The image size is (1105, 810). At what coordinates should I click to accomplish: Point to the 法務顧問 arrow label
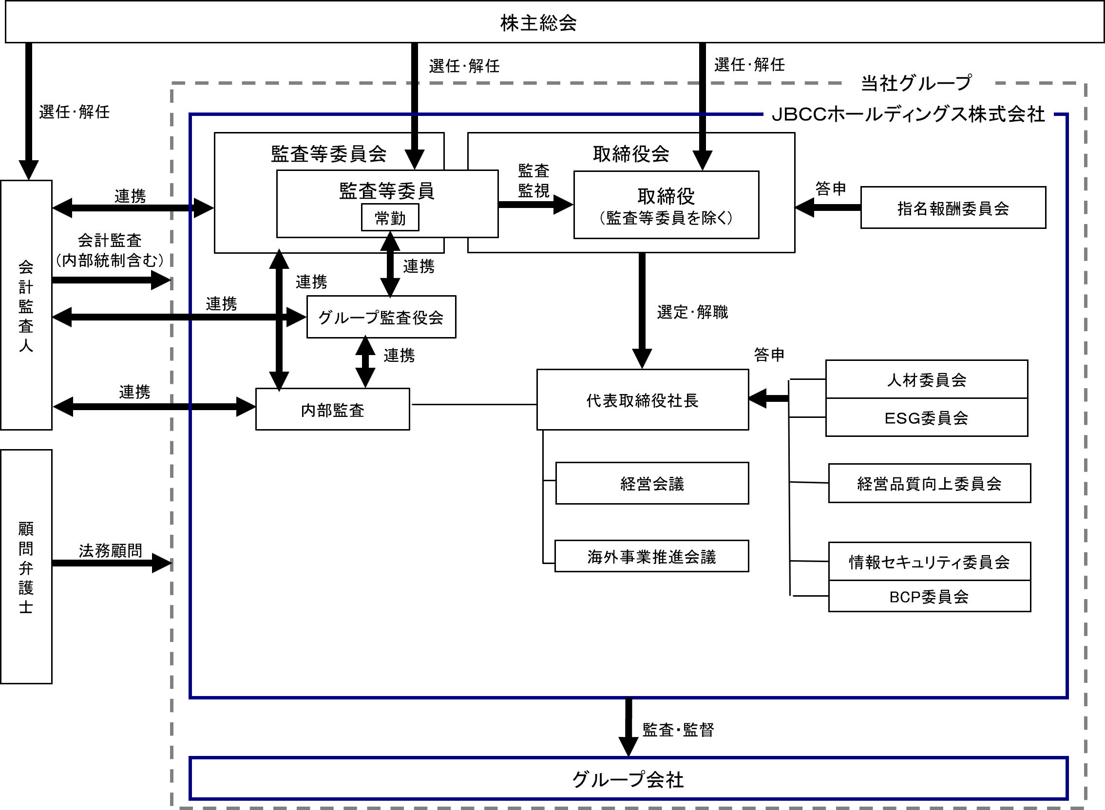[110, 550]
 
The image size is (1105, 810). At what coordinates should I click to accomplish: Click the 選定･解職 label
[692, 312]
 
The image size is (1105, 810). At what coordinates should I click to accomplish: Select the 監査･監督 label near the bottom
[678, 730]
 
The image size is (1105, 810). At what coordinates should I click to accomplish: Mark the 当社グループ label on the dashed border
[915, 83]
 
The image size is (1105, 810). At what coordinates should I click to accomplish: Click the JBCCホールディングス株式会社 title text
[908, 114]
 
